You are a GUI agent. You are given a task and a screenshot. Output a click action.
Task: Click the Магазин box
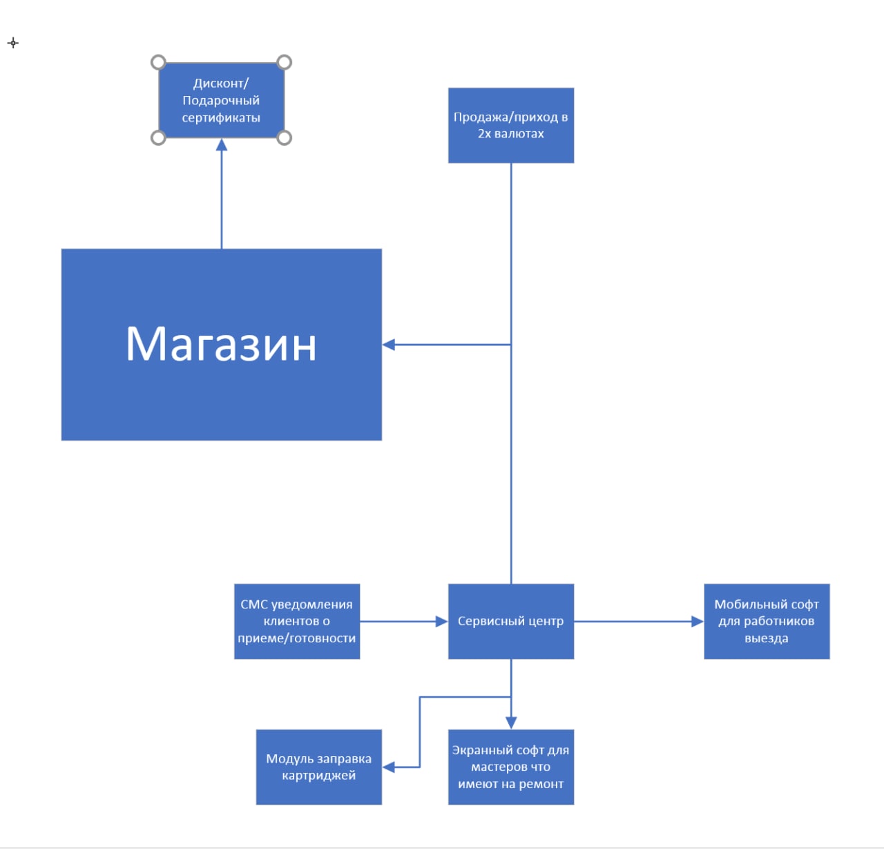point(221,344)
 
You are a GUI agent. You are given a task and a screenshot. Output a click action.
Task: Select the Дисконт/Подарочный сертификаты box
point(221,100)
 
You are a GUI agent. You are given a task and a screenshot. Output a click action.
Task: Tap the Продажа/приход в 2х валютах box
point(510,125)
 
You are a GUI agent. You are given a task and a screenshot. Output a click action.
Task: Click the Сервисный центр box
point(510,621)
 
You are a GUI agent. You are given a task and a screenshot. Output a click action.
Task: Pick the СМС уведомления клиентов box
point(296,621)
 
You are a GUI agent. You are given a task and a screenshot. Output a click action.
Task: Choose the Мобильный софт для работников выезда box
point(767,621)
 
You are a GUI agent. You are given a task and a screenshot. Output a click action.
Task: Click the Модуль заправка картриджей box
point(318,767)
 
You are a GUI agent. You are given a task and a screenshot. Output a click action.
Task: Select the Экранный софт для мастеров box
point(510,767)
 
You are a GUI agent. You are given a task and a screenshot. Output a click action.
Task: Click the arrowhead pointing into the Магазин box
point(389,344)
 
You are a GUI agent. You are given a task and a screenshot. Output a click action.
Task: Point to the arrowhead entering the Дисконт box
point(222,144)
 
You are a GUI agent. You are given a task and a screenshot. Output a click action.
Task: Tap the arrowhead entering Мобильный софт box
point(698,621)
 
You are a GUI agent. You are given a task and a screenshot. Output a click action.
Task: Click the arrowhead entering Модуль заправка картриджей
point(389,767)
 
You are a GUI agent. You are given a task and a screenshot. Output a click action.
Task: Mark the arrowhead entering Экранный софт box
point(511,722)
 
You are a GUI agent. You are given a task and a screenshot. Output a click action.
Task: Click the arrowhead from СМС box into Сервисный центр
point(441,621)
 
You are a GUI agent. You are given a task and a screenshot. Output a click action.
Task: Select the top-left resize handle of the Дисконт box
point(158,63)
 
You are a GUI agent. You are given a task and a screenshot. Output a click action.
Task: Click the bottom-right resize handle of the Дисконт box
point(284,138)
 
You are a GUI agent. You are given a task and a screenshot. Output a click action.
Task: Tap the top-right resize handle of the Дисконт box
point(284,63)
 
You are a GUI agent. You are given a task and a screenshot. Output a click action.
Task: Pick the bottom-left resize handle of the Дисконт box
point(158,138)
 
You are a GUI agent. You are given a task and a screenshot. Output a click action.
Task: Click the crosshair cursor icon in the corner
point(13,43)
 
